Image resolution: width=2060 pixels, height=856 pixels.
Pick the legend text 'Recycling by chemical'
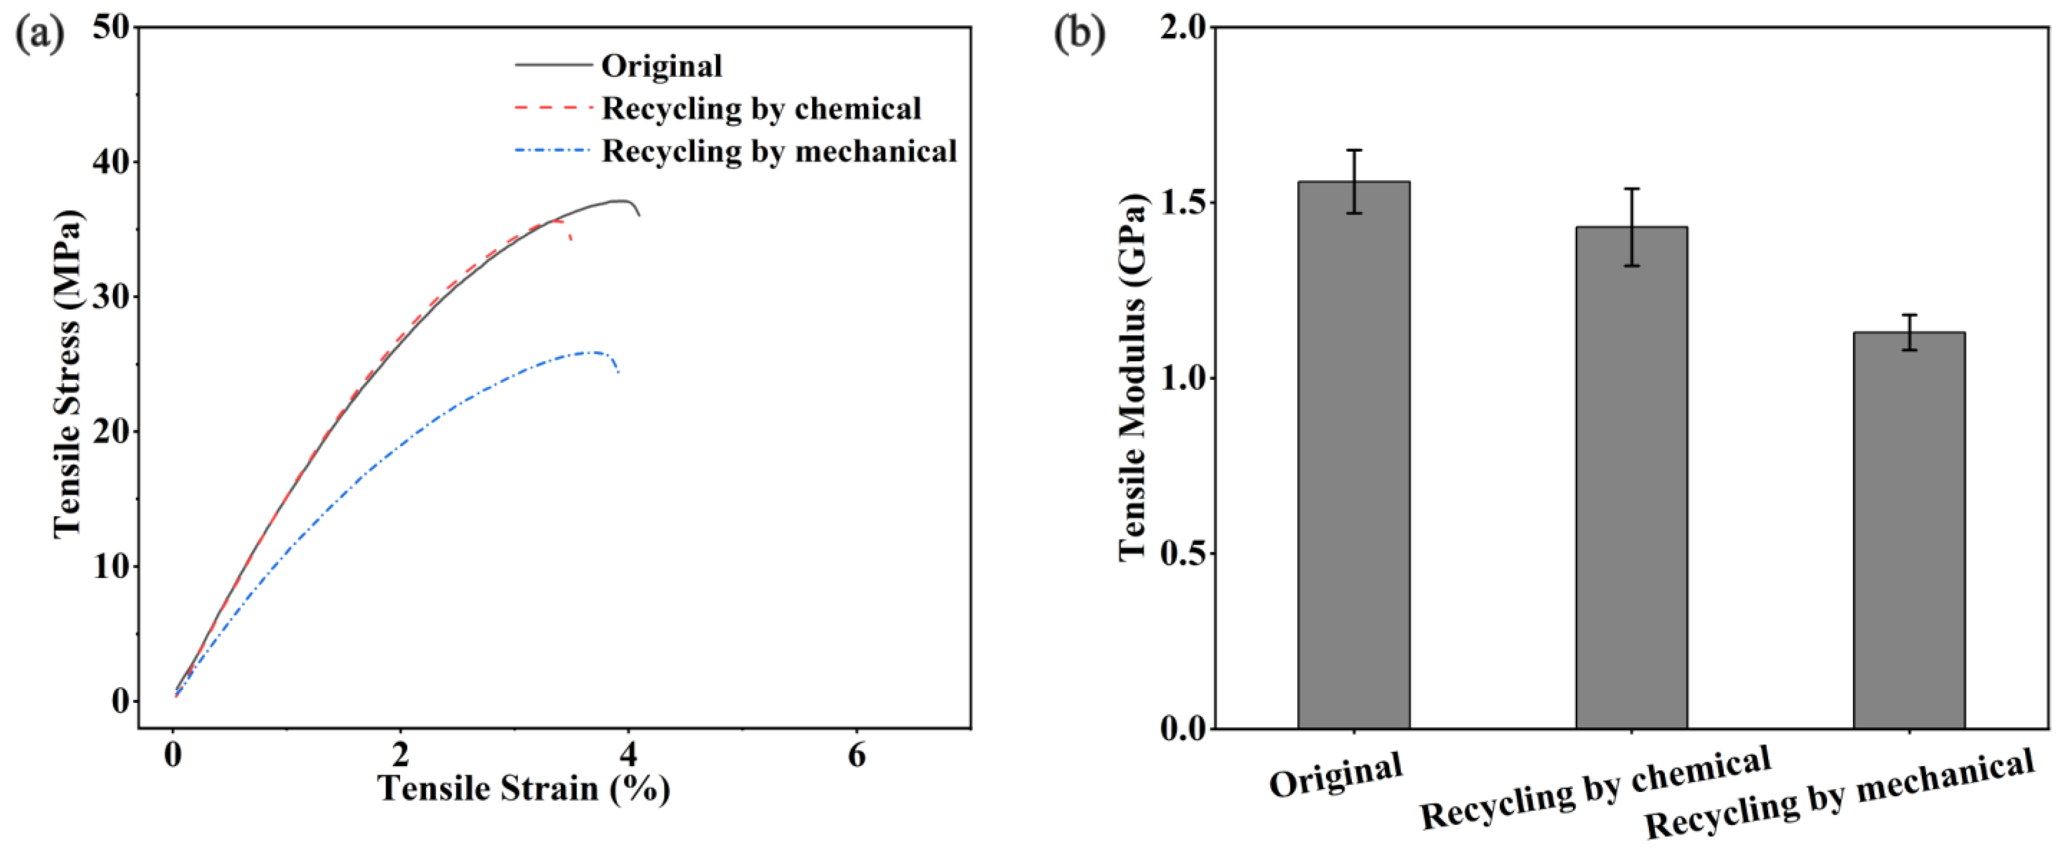click(x=761, y=109)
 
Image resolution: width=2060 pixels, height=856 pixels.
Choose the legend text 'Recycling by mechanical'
click(x=779, y=151)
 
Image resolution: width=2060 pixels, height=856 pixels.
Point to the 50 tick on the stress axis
click(x=111, y=27)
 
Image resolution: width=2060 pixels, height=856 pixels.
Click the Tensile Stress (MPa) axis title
click(x=68, y=374)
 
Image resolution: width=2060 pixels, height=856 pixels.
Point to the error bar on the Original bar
click(x=1354, y=181)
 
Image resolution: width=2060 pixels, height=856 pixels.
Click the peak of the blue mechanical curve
click(x=592, y=352)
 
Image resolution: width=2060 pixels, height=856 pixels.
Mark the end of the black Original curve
click(x=639, y=215)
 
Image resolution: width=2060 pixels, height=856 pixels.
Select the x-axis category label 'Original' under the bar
click(x=1336, y=774)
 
